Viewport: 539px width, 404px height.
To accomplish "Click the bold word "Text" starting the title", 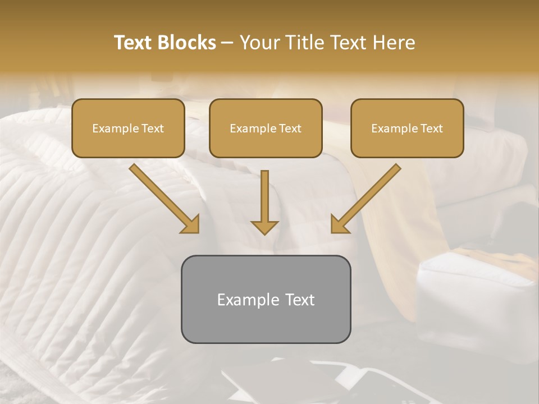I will [x=134, y=43].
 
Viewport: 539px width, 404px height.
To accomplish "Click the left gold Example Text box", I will [x=128, y=128].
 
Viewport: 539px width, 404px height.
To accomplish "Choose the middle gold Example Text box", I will [x=266, y=128].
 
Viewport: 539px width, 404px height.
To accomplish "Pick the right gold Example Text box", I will [x=407, y=128].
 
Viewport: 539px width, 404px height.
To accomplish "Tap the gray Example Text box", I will [x=266, y=299].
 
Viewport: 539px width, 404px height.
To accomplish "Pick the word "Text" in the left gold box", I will [x=152, y=128].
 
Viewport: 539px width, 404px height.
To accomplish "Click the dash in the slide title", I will [x=227, y=43].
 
